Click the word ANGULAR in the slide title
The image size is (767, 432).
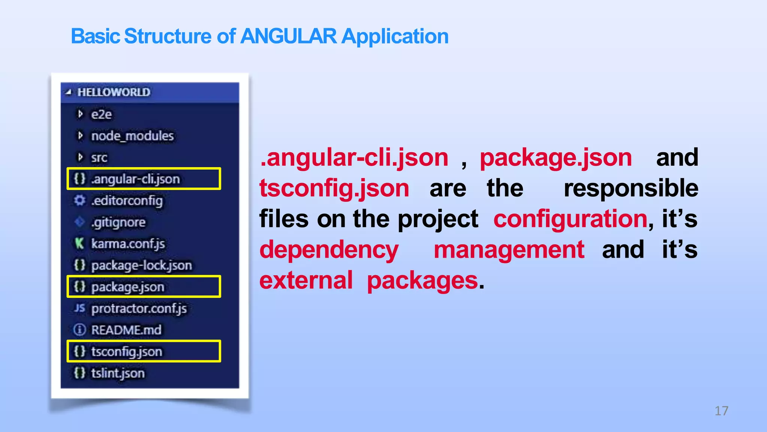point(288,36)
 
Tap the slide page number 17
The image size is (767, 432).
point(721,411)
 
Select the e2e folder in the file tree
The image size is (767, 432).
point(101,114)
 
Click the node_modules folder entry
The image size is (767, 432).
point(133,136)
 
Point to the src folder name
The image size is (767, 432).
point(99,157)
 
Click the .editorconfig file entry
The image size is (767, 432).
point(127,201)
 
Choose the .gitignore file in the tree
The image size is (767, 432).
point(118,222)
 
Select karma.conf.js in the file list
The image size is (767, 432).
point(128,244)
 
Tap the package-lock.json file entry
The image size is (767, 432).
point(142,265)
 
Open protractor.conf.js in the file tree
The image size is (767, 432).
point(139,309)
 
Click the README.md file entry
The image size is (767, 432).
point(127,330)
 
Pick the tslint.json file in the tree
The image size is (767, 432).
point(118,373)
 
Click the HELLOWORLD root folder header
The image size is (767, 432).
point(114,92)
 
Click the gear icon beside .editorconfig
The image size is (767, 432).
point(79,200)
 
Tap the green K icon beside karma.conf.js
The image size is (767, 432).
point(79,243)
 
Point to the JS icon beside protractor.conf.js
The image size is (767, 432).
point(79,308)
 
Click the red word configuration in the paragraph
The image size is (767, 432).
point(570,219)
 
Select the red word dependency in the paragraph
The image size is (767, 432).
point(329,250)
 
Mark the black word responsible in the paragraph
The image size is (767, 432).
point(631,188)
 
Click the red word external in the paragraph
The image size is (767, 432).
point(306,280)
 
